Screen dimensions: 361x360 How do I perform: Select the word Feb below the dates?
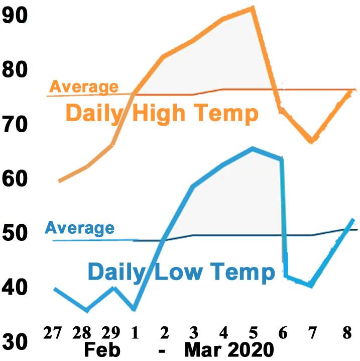coord(103,349)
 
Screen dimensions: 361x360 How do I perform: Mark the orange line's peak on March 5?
coord(253,8)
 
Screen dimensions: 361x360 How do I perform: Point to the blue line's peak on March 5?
coord(253,148)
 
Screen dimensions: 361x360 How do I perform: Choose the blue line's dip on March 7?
coord(311,286)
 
